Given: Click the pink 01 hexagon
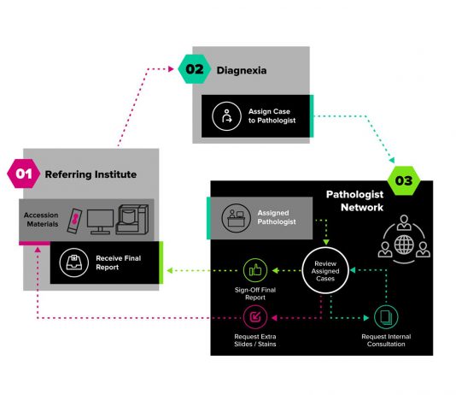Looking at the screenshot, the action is point(24,174).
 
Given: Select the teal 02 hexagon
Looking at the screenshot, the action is point(194,69).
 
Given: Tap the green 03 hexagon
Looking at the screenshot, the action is point(404,180).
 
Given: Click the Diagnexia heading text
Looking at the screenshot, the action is point(242,70).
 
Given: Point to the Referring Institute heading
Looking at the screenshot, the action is point(91,174).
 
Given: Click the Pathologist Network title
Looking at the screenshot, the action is point(354,201).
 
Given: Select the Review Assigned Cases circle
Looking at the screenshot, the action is point(325,271).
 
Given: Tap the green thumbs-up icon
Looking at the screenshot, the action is point(255,270).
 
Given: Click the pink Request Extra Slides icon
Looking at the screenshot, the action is point(255,317).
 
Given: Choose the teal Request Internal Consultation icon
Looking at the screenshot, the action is point(386,317).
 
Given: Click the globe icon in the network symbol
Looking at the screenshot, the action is point(404,245).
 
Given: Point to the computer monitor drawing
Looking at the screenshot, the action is point(100,221).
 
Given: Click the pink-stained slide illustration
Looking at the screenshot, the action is point(74,221).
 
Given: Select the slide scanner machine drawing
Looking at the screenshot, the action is point(132,219).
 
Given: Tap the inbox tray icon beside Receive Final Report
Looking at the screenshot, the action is point(74,262).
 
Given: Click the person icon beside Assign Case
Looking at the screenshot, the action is point(226,116).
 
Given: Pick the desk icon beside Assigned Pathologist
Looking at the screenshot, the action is point(236,218).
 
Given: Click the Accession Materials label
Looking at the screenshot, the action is point(41,220).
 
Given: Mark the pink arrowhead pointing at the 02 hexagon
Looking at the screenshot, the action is point(171,69).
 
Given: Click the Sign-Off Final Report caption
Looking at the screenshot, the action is point(255,293).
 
